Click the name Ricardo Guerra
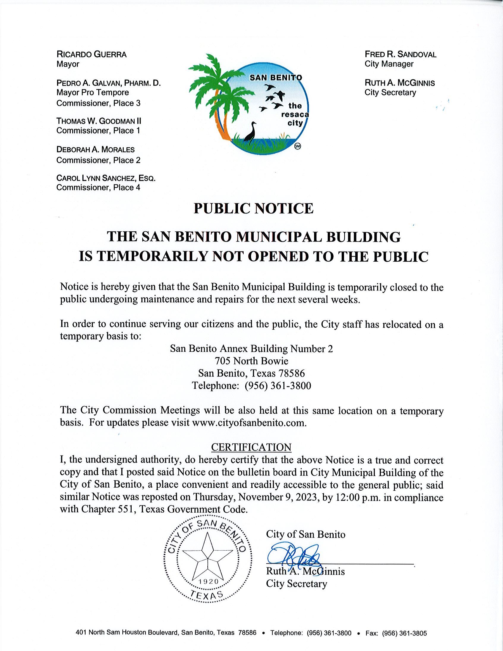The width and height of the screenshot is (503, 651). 91,55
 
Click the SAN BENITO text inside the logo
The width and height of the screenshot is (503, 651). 275,78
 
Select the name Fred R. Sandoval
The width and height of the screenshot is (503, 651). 400,55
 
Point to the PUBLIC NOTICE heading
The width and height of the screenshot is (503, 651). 253,208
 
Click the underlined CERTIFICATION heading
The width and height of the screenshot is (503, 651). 251,447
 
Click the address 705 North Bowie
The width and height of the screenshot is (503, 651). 251,361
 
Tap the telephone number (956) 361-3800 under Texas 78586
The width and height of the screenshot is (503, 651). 277,386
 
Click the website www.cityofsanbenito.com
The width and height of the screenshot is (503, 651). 249,423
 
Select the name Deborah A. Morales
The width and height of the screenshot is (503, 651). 95,150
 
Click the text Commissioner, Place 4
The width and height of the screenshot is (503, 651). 98,187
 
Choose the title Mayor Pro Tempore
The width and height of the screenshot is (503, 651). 92,93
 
